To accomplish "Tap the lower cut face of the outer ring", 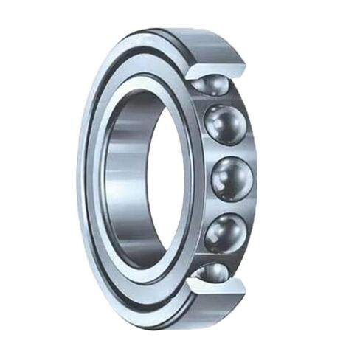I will (221, 284).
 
